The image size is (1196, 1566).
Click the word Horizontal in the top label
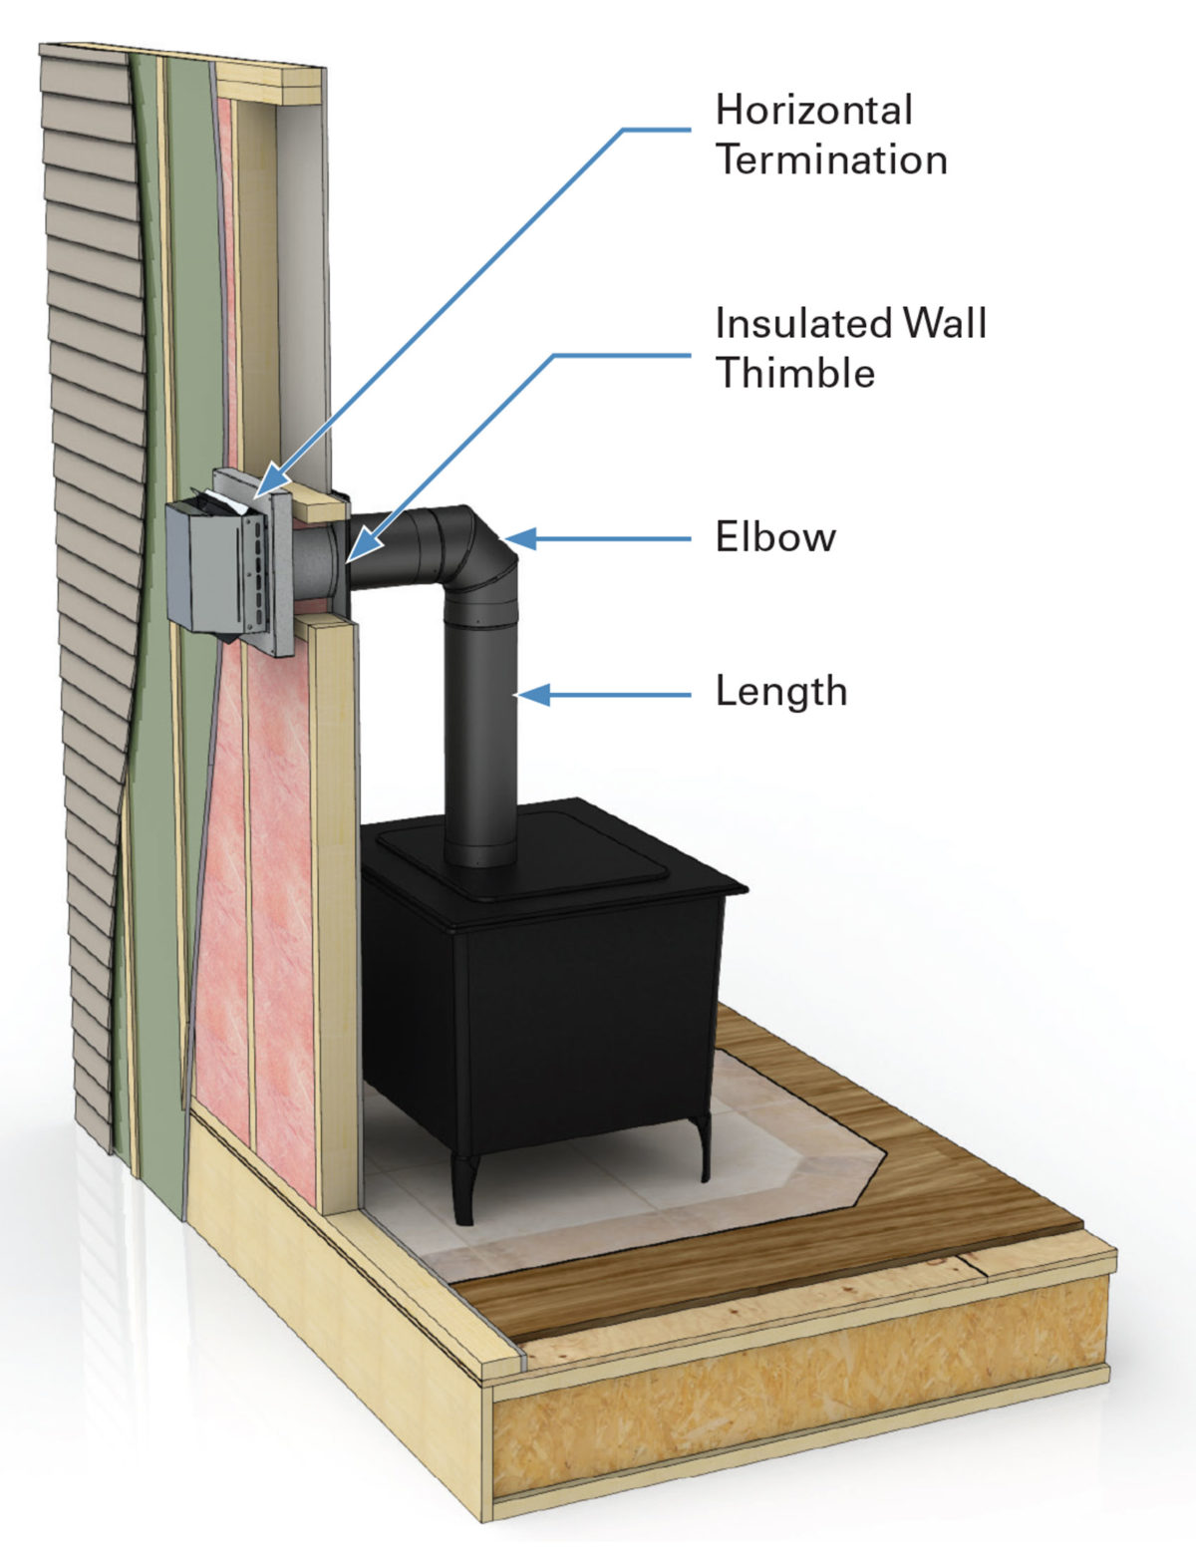click(813, 110)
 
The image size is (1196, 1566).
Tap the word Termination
click(831, 159)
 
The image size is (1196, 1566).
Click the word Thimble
click(795, 373)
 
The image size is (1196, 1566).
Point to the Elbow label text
click(775, 537)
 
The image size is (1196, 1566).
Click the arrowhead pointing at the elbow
click(521, 538)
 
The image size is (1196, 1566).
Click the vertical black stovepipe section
click(480, 738)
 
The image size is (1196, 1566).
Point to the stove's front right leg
click(704, 1146)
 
